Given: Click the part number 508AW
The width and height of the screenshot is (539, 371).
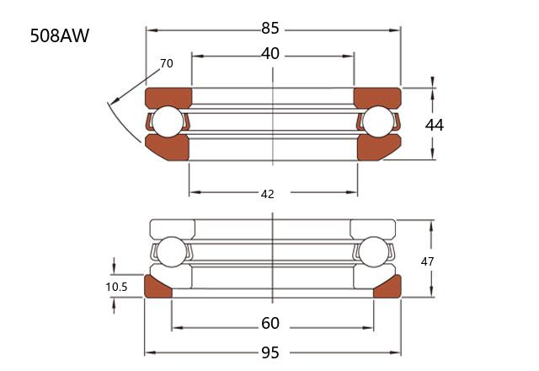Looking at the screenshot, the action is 60,35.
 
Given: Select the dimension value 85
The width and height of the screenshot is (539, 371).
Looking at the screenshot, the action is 269,28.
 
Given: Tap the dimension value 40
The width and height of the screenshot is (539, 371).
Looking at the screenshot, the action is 269,54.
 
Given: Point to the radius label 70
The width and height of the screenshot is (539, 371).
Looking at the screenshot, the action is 167,64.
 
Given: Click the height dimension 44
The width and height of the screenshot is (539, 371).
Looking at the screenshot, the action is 435,125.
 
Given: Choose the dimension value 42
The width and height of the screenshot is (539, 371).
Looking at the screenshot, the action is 268,195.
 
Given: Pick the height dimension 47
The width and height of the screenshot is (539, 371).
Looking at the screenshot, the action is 427,261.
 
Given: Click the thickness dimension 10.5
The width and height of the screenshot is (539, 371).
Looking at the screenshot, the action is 116,287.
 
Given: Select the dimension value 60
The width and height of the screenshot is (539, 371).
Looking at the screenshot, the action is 270,324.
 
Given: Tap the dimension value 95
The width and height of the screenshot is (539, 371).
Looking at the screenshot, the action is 270,353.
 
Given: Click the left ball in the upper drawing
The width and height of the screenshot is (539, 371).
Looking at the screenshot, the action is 168,121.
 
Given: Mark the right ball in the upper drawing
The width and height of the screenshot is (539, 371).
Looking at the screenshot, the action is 378,121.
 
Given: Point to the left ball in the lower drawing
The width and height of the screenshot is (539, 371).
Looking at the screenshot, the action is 171,252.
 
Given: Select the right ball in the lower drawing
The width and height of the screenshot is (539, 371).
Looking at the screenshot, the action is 373,252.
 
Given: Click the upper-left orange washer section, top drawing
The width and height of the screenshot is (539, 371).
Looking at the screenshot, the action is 168,97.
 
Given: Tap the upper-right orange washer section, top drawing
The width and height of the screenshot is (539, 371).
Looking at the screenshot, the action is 377,97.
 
